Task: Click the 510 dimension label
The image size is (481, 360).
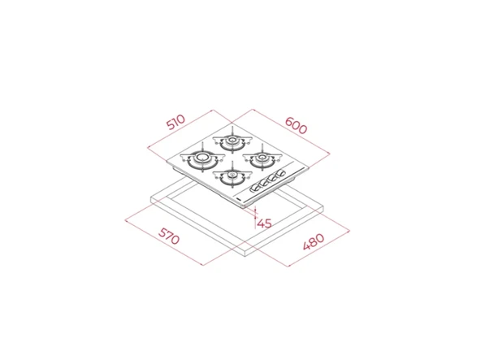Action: pos(175,122)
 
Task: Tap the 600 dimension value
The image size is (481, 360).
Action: pos(296,125)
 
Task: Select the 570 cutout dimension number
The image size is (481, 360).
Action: pos(169,236)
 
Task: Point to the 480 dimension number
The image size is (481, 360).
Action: pos(313,241)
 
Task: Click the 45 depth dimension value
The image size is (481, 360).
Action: pos(264,223)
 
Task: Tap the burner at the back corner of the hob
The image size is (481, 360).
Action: pos(232,141)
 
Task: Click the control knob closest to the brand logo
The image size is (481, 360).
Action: pos(255,187)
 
